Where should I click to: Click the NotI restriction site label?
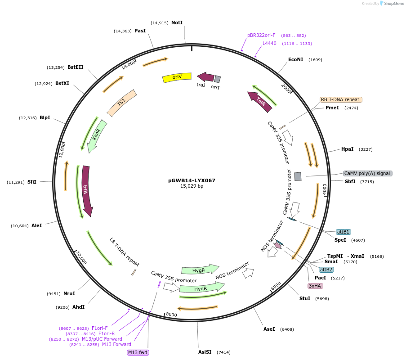[177, 22]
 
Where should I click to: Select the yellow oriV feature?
[177, 77]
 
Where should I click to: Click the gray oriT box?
[217, 79]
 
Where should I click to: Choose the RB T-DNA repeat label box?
[341, 99]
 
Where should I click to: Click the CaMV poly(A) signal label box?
[367, 173]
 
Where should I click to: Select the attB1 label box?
[343, 232]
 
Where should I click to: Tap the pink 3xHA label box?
[315, 286]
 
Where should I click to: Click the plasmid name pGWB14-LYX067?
[192, 180]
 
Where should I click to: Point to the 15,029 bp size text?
[192, 186]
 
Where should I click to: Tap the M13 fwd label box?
[138, 352]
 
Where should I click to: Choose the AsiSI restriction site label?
[205, 352]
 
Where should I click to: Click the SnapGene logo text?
[393, 4]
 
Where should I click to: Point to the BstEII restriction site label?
[75, 67]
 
